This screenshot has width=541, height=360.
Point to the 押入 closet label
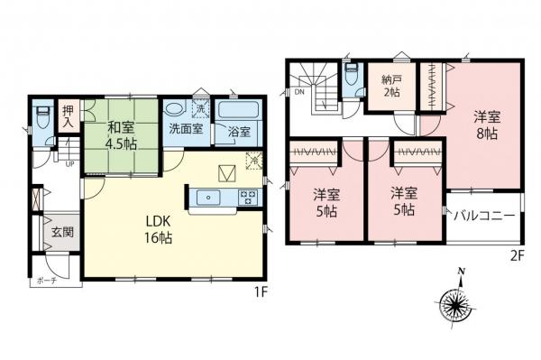point(67,118)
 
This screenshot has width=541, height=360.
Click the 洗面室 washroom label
point(185,130)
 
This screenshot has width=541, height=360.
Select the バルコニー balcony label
point(484,217)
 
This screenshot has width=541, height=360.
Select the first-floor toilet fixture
point(40,118)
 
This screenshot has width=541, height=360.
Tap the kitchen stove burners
point(246,196)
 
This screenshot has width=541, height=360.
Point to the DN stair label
point(298,89)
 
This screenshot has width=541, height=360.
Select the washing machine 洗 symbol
point(199,109)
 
